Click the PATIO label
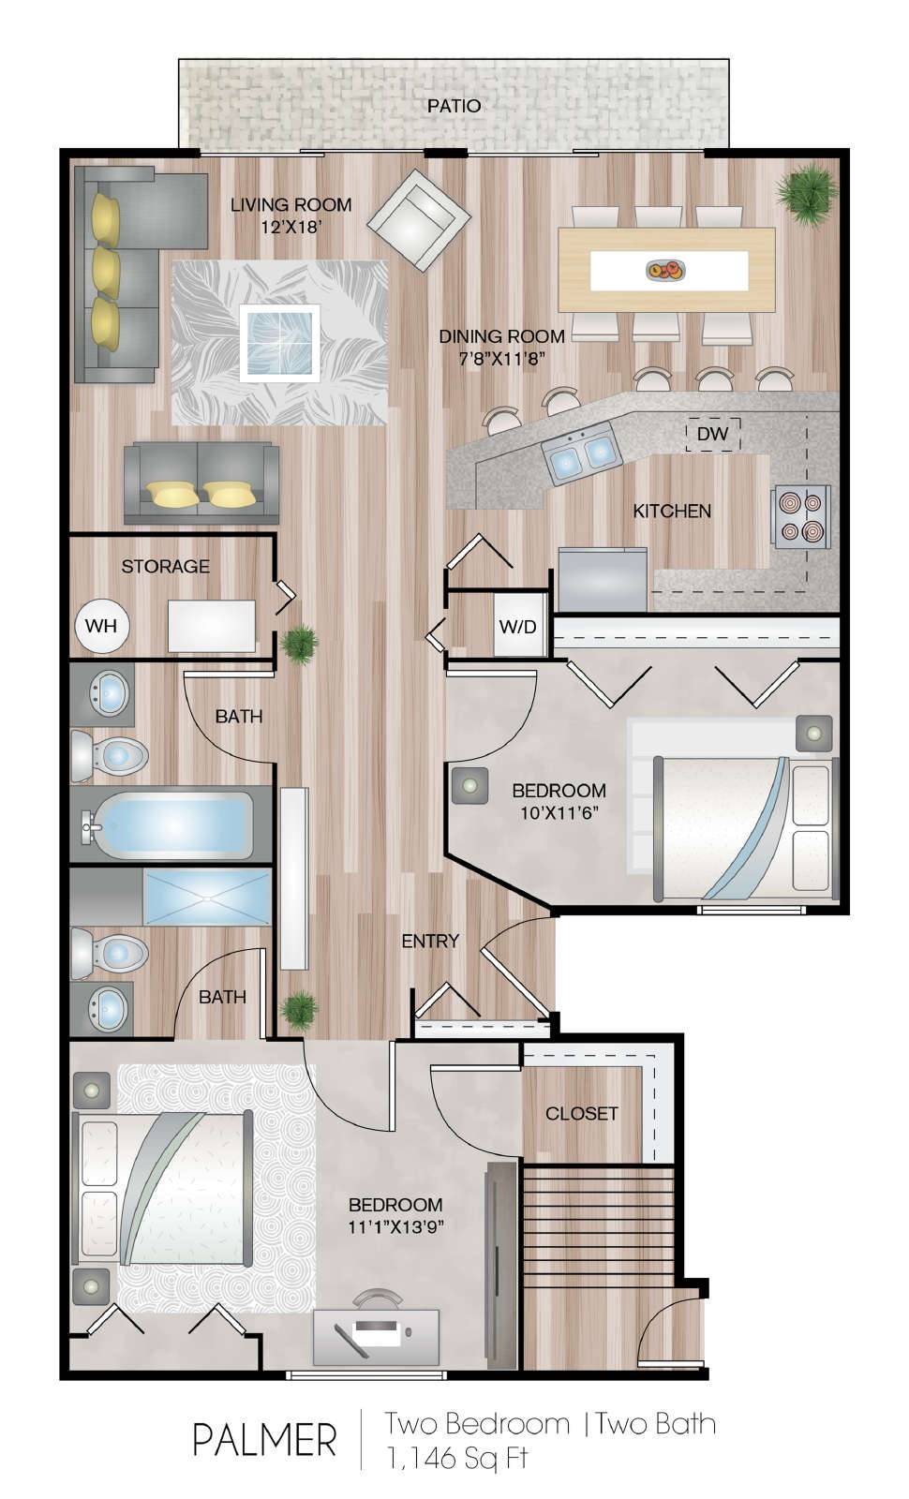(x=454, y=106)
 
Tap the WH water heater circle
(x=101, y=626)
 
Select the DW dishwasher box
(x=713, y=435)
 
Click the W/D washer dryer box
(x=518, y=626)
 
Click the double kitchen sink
(x=581, y=453)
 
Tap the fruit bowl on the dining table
(x=665, y=271)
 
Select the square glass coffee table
(x=279, y=343)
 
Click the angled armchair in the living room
(x=419, y=220)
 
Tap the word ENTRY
(x=430, y=942)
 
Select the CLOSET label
(x=581, y=1114)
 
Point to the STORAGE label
(x=165, y=567)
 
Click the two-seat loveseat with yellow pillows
(x=201, y=482)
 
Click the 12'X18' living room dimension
(x=291, y=227)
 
